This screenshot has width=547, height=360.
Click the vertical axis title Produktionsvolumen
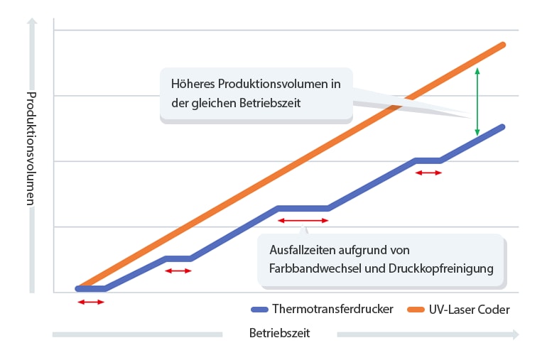(31, 148)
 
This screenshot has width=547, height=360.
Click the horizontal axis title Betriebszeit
(280, 332)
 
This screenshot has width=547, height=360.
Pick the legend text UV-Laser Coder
(469, 310)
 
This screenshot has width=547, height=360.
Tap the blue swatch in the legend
(259, 310)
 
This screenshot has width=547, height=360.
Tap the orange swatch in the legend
(416, 310)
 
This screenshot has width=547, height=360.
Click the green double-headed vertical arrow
(477, 102)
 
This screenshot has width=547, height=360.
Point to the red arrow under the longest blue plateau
(303, 221)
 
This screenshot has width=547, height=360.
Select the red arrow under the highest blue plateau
(428, 173)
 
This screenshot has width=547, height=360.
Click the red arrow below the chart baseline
(91, 302)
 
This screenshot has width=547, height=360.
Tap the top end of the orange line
(503, 45)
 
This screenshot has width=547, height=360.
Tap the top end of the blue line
(502, 127)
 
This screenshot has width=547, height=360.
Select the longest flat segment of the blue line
(303, 208)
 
